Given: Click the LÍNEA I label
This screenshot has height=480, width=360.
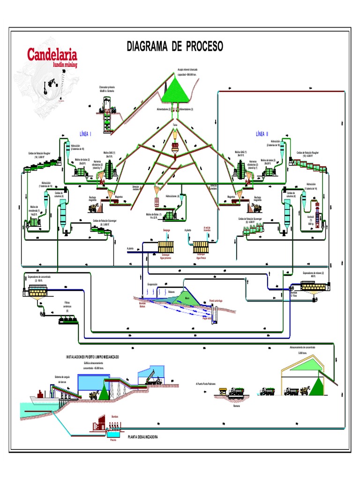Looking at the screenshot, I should click(x=85, y=134).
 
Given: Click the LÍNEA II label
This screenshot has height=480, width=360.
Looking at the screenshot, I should click(x=262, y=134).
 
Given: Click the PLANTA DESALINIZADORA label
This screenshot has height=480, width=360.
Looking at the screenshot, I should click(x=142, y=436).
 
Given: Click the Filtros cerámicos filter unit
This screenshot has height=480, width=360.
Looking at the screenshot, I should click(x=68, y=320).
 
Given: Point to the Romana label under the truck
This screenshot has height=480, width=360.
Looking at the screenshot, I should click(x=236, y=406).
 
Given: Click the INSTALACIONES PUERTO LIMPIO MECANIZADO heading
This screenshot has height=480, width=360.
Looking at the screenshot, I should click(x=92, y=357).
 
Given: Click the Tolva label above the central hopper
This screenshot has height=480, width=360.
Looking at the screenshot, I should click(x=175, y=125).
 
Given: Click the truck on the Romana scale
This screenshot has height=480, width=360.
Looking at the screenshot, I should click(x=236, y=391).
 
